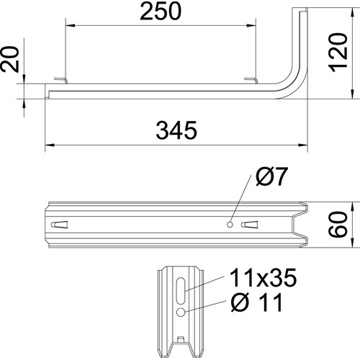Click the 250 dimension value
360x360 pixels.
click(x=161, y=12)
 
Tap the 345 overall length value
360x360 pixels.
click(x=176, y=130)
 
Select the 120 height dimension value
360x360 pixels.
click(x=338, y=53)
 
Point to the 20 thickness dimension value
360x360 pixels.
click(x=10, y=59)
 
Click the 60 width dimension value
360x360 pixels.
click(x=338, y=225)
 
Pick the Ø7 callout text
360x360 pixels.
click(x=271, y=176)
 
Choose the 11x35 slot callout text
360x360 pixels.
click(x=264, y=278)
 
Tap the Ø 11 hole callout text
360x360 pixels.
click(x=256, y=302)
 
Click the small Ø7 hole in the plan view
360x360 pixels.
click(x=230, y=225)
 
